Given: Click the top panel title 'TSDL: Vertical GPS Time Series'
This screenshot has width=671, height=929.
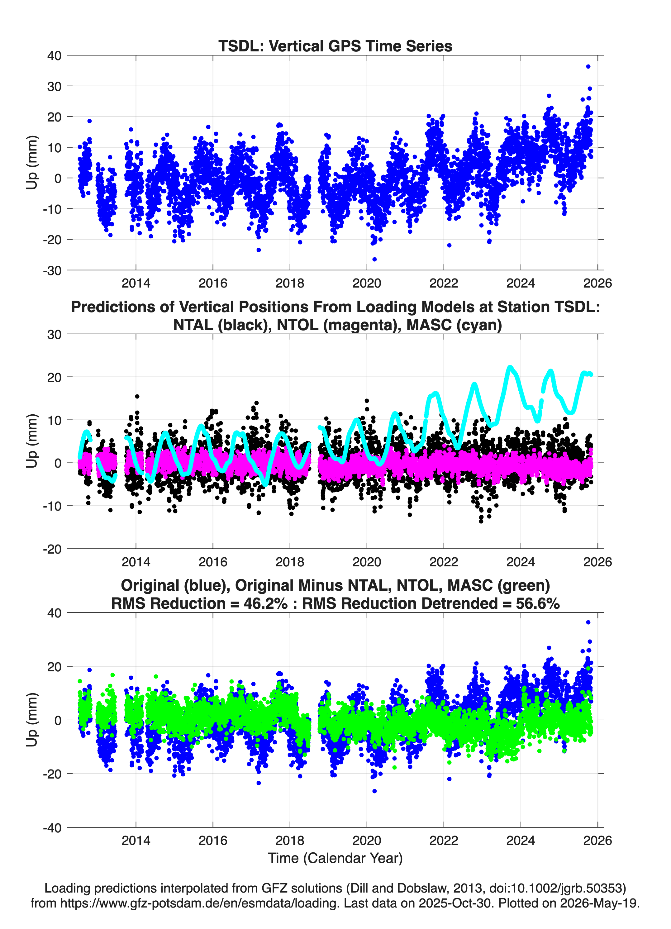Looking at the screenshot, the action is coord(335,46).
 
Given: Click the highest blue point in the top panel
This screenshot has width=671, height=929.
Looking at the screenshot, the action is coord(588,66).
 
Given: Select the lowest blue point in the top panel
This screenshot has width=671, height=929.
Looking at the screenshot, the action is coord(374,259).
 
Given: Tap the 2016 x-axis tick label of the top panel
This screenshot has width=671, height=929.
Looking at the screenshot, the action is coord(212,283).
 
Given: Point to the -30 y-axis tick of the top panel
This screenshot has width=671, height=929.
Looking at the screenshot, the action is coord(52,270).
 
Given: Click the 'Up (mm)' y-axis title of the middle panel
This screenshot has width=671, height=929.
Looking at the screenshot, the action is coord(32,441).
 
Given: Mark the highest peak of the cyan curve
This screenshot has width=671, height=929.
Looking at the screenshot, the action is coord(510,367).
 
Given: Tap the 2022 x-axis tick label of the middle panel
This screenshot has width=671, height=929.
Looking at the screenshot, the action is coord(444,562).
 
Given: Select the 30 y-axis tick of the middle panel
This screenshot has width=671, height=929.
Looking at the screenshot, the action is coord(55,335).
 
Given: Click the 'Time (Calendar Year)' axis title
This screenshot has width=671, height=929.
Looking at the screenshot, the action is coord(335,858).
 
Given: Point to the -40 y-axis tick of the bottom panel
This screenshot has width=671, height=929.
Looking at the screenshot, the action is coord(52,828).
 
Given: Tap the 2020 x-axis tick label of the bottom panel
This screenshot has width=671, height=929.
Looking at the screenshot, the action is coord(367,841).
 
